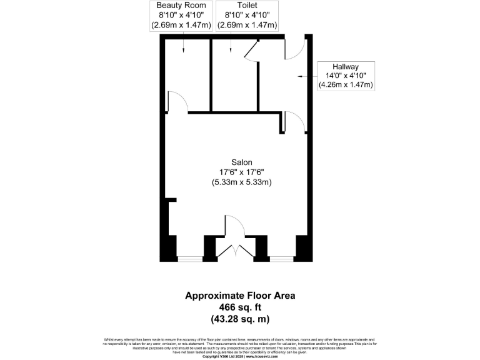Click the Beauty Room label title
pyautogui.click(x=181, y=6)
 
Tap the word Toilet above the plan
pyautogui.click(x=246, y=6)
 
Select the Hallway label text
pyautogui.click(x=346, y=67)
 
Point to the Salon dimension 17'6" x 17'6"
pyautogui.click(x=241, y=172)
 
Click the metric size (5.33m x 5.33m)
pyautogui.click(x=241, y=182)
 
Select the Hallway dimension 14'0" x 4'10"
pyautogui.click(x=346, y=76)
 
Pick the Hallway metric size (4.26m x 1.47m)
pyautogui.click(x=346, y=84)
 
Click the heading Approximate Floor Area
pyautogui.click(x=240, y=296)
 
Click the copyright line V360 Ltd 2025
pyautogui.click(x=240, y=356)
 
